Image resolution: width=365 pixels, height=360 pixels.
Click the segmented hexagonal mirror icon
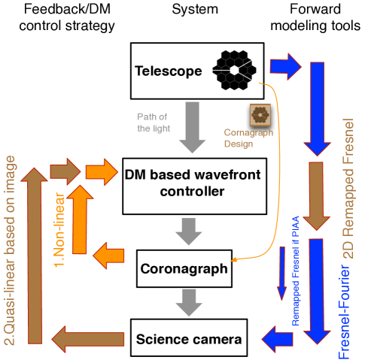point(234,70)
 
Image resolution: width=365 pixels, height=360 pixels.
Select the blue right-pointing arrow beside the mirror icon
point(285,67)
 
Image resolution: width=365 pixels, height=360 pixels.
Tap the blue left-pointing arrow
point(277,337)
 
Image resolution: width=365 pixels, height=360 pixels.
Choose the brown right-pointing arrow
point(65,171)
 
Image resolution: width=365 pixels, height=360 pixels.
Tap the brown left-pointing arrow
point(88,340)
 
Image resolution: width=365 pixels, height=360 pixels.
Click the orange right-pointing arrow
point(102,171)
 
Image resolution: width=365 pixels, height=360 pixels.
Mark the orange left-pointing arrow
point(109,256)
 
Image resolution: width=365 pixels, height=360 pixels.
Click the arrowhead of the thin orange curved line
point(233,260)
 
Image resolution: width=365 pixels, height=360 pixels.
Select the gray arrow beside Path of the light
point(192,126)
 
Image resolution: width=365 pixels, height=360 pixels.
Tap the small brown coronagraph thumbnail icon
point(260,115)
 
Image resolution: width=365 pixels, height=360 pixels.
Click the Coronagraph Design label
point(248,138)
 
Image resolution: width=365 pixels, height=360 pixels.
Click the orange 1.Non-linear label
point(59,229)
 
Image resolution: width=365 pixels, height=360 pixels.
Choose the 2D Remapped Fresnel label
point(348,188)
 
